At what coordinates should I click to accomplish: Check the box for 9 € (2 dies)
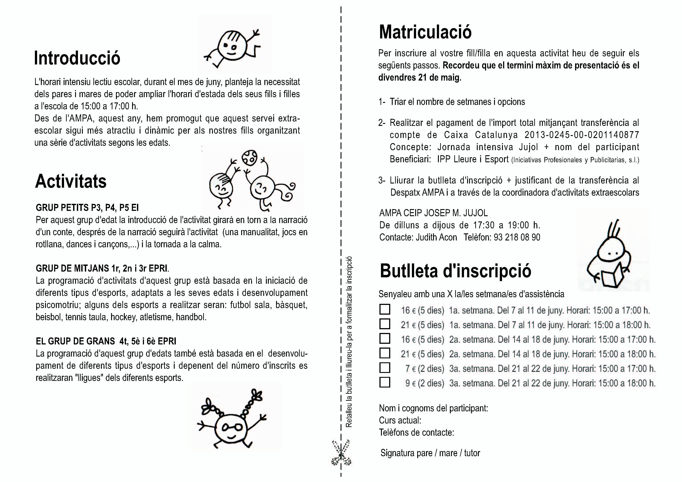385,382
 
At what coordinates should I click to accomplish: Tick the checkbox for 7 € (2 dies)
385,368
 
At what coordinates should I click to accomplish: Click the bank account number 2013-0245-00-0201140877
582,135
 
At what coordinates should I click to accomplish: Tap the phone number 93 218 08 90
517,237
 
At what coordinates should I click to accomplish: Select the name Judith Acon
436,237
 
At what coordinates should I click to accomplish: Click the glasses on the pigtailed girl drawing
233,428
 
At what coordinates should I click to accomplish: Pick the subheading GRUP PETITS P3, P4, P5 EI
87,208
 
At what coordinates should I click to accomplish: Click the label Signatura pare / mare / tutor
430,453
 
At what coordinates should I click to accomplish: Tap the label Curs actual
400,420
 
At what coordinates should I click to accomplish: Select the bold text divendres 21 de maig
419,77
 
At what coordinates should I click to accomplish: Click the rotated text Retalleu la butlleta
349,342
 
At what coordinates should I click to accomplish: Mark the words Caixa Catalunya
481,135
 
